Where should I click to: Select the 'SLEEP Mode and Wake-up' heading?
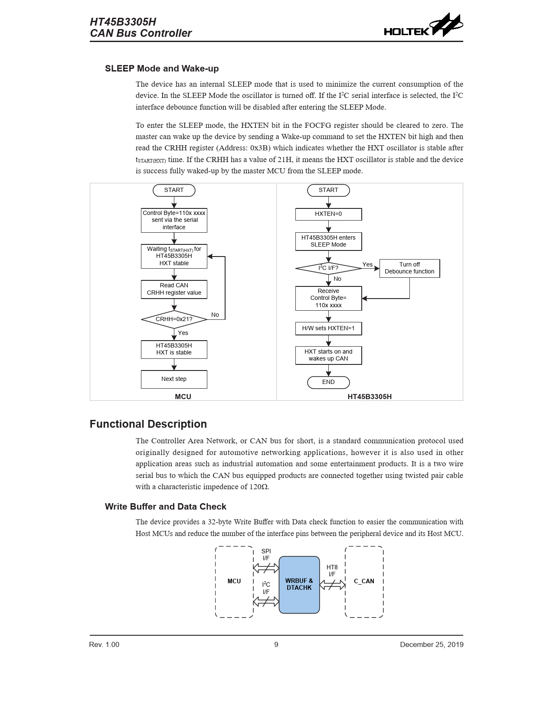point(162,68)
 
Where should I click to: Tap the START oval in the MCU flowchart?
point(174,190)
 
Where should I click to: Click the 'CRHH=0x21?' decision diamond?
point(174,319)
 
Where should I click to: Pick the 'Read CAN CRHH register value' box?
point(174,289)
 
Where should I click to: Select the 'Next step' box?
point(174,379)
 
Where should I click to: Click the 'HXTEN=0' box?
point(328,214)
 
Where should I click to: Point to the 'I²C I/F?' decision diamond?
point(328,268)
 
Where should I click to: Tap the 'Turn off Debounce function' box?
point(409,268)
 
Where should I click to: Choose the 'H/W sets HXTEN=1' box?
point(328,328)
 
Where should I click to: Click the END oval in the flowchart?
point(328,382)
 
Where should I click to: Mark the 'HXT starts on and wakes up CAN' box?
point(328,355)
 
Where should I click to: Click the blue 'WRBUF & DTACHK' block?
point(299,585)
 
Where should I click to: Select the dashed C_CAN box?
point(364,582)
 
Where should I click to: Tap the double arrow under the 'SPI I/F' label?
point(266,568)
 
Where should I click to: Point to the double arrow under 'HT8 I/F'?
point(332,585)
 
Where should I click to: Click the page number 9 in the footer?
point(276,645)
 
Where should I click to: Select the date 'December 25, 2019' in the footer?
point(432,645)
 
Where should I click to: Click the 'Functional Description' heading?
point(148,424)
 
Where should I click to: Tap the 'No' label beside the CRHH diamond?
point(215,315)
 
